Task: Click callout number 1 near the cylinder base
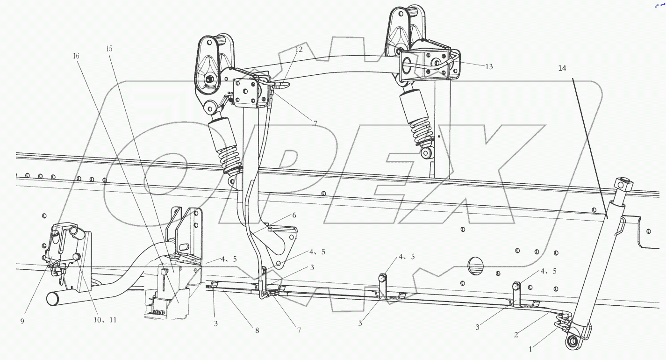coord(530,348)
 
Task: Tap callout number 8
coord(257,330)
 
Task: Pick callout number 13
coord(488,67)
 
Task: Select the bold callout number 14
coord(562,68)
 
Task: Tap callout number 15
coord(109,49)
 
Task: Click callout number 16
coord(76,56)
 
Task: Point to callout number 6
coord(294,216)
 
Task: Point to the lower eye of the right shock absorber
coord(426,153)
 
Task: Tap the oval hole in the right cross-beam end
coord(407,66)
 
